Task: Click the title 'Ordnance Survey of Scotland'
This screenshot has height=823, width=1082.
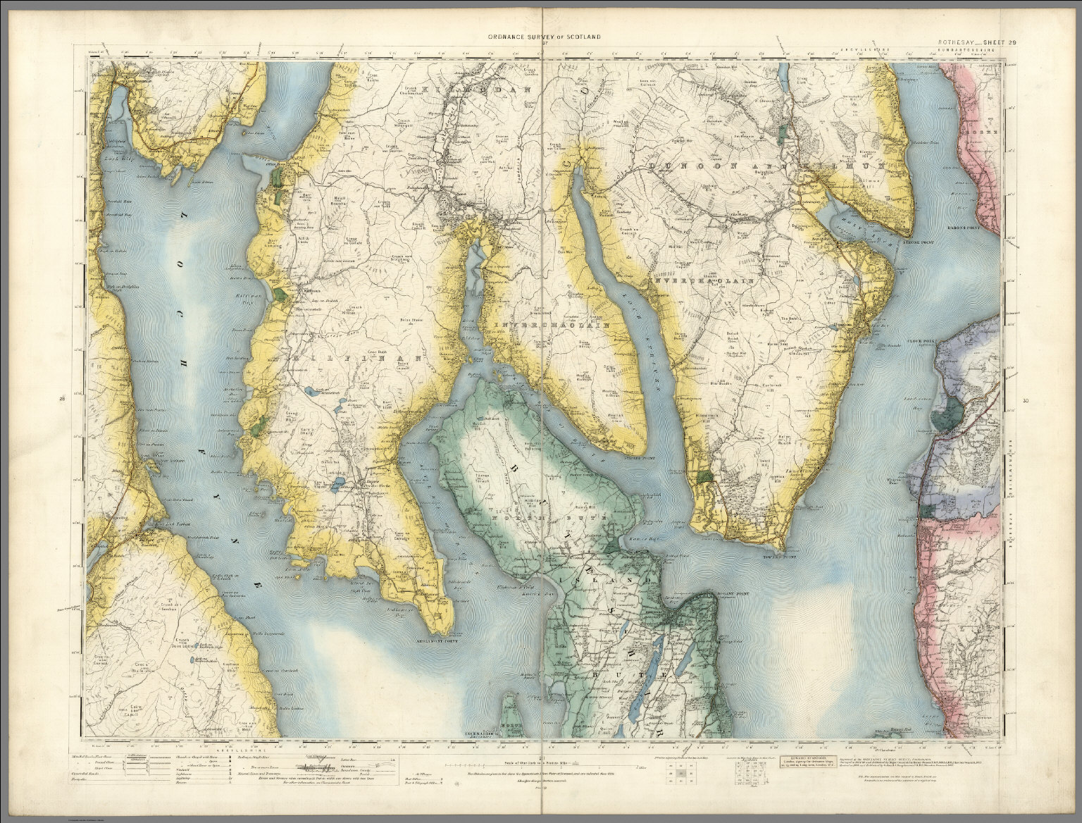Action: click(x=540, y=37)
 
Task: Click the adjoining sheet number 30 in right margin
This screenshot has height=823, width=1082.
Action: click(x=1024, y=402)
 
